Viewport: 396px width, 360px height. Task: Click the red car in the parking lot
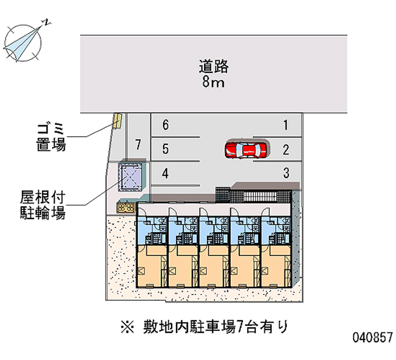click(246, 151)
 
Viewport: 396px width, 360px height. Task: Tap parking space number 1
click(286, 125)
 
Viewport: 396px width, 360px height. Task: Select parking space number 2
click(286, 150)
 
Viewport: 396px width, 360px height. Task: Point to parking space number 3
click(286, 173)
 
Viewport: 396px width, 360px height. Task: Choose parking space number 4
click(165, 173)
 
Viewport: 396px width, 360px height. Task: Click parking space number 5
click(165, 149)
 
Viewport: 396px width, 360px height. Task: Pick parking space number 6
click(165, 125)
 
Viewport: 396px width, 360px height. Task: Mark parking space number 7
click(138, 145)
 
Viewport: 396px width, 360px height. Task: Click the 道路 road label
click(214, 66)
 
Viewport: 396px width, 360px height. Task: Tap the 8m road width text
click(213, 82)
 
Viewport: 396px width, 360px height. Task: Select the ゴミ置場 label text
click(51, 138)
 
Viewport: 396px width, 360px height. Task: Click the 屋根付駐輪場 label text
click(43, 205)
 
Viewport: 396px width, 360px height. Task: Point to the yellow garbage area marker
click(117, 121)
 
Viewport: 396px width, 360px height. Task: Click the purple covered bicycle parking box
click(130, 177)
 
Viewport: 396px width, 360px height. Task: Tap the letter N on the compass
click(47, 22)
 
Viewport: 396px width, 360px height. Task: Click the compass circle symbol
click(23, 43)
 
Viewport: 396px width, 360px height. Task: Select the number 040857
click(373, 337)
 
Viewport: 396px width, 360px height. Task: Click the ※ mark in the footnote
click(128, 327)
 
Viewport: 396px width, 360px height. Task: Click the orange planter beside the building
click(126, 207)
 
